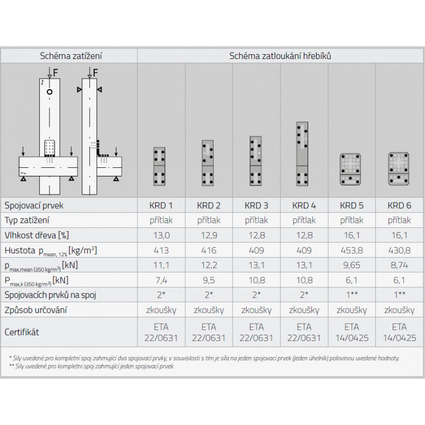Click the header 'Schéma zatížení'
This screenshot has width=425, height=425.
[x=71, y=56]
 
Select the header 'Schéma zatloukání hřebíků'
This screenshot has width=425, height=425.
[x=280, y=56]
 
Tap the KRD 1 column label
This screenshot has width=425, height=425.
[x=161, y=206]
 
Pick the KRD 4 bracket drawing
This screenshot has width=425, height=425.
[x=302, y=154]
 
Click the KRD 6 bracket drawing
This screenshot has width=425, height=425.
[x=399, y=168]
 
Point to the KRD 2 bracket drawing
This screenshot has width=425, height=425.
[x=208, y=163]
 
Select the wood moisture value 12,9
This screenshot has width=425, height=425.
[x=209, y=235]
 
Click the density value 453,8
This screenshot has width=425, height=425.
[x=352, y=250]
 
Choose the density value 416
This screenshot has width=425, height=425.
[x=209, y=250]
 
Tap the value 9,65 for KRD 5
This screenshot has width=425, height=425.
[x=352, y=265]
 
